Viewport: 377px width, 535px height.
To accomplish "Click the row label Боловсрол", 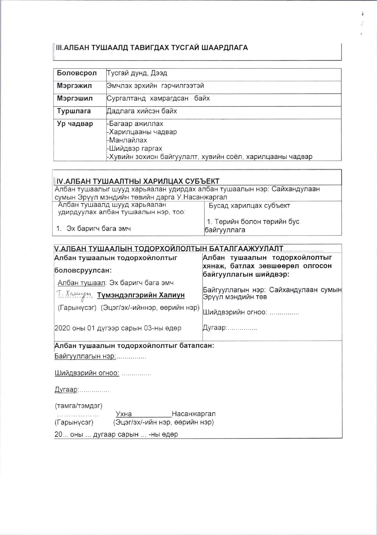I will [x=77, y=73].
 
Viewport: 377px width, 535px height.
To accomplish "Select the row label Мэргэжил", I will [x=74, y=86].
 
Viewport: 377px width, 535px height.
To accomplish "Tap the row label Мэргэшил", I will [x=74, y=99].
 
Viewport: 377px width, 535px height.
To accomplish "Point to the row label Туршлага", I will [x=74, y=111].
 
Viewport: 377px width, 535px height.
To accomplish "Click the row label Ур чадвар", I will [x=75, y=124].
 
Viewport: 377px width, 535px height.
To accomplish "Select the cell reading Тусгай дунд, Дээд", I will [x=137, y=73].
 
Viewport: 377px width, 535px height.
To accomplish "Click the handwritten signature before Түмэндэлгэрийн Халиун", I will [x=74, y=294].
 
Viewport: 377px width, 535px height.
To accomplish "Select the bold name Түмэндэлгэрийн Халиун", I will [x=141, y=295].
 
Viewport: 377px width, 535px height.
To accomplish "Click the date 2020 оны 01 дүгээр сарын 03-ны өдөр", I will [x=118, y=328].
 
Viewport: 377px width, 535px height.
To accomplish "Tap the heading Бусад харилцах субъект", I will [x=249, y=206].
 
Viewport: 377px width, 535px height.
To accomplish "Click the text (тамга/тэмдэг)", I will [x=78, y=406].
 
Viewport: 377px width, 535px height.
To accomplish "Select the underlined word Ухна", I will [x=124, y=414].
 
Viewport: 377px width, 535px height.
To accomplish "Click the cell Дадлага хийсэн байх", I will [x=142, y=111].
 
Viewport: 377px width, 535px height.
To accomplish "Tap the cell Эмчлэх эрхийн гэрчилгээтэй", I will [x=155, y=86].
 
